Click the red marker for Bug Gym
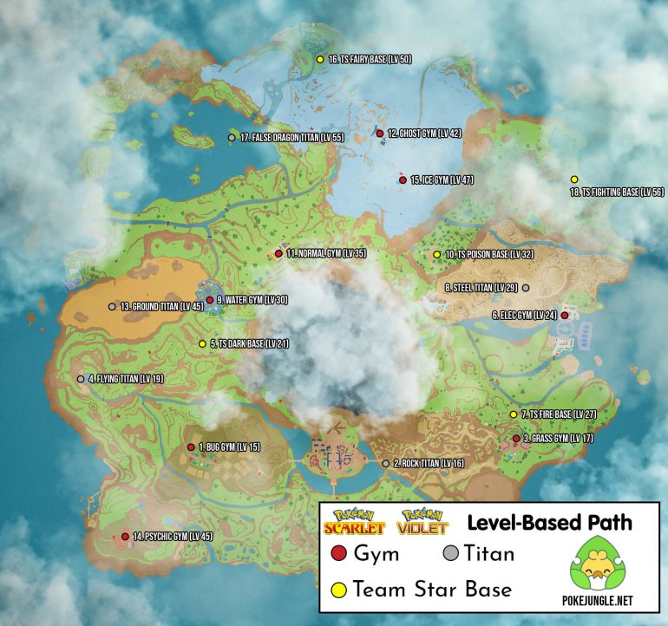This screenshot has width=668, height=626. (x=191, y=447)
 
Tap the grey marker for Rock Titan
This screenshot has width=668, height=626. (x=385, y=464)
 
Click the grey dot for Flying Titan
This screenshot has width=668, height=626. (x=81, y=379)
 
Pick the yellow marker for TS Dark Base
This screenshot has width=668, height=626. (x=202, y=344)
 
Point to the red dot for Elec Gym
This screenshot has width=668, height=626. (x=565, y=316)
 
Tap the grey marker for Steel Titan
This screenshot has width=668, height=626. (x=525, y=287)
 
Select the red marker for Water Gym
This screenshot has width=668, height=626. (x=209, y=300)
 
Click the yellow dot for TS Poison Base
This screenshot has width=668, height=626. (x=436, y=254)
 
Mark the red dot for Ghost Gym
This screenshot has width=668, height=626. (x=379, y=133)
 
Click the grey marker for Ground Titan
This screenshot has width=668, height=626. (x=112, y=306)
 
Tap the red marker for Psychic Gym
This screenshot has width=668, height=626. (x=125, y=537)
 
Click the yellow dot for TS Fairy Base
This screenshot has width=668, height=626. (x=320, y=59)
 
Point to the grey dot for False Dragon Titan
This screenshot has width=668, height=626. (x=232, y=138)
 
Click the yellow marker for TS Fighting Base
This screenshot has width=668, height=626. (x=574, y=179)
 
